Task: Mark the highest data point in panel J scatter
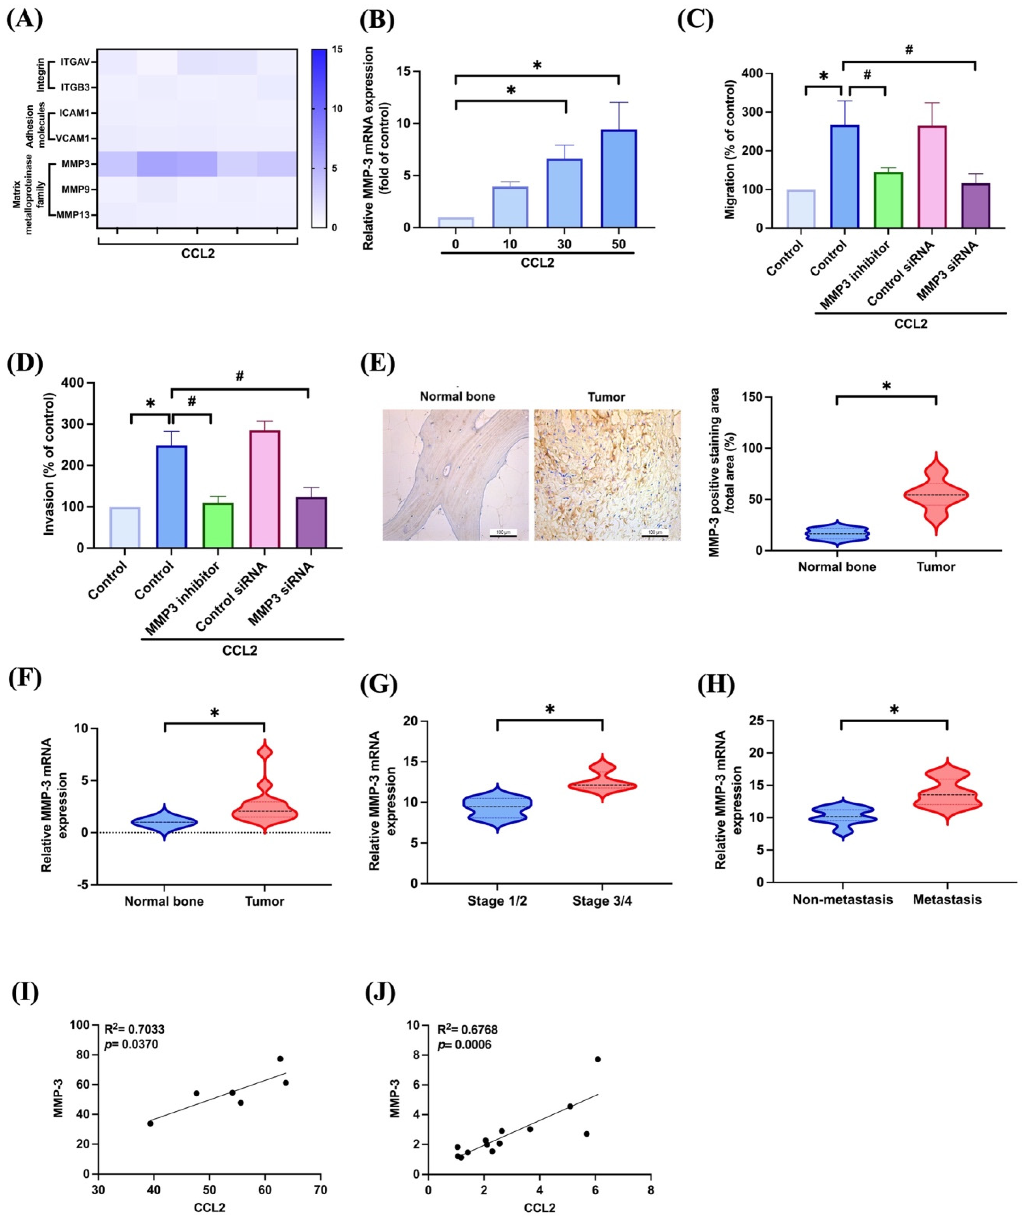597,1059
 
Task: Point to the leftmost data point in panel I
150,1124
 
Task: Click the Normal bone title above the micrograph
457,397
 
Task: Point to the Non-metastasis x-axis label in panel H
842,899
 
